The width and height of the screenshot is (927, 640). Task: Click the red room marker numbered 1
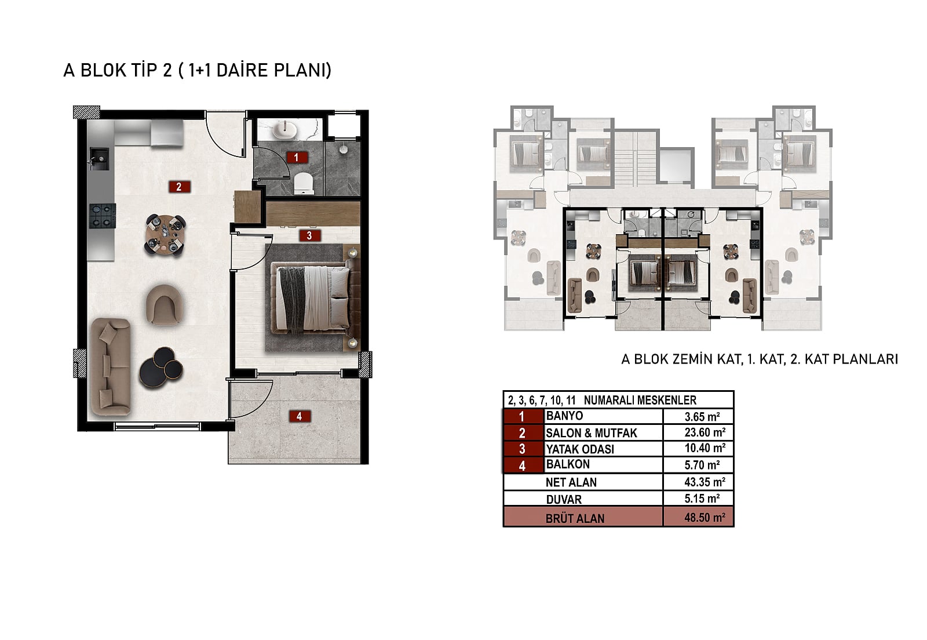point(297,157)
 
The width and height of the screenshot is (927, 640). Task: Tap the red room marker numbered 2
point(179,187)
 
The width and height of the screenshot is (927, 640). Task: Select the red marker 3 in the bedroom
point(310,235)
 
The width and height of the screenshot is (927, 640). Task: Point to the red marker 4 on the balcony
point(300,416)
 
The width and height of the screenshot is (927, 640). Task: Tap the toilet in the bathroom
point(304,183)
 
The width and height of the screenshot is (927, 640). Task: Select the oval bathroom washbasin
point(284,130)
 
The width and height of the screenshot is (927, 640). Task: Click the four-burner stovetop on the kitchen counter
point(102,216)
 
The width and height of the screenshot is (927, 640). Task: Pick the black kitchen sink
point(98,159)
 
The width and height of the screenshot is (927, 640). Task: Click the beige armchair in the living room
point(165,304)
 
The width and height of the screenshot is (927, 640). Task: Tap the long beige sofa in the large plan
point(111,366)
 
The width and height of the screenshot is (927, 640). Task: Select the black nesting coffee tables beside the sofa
point(161,368)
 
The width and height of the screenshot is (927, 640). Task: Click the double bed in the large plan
point(313,298)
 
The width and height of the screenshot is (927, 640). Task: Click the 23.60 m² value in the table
point(705,432)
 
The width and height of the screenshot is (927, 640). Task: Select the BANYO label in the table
point(564,416)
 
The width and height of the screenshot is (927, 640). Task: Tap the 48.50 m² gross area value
point(705,518)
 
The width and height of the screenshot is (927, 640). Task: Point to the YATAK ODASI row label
point(580,449)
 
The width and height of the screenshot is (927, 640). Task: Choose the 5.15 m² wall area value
point(702,499)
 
